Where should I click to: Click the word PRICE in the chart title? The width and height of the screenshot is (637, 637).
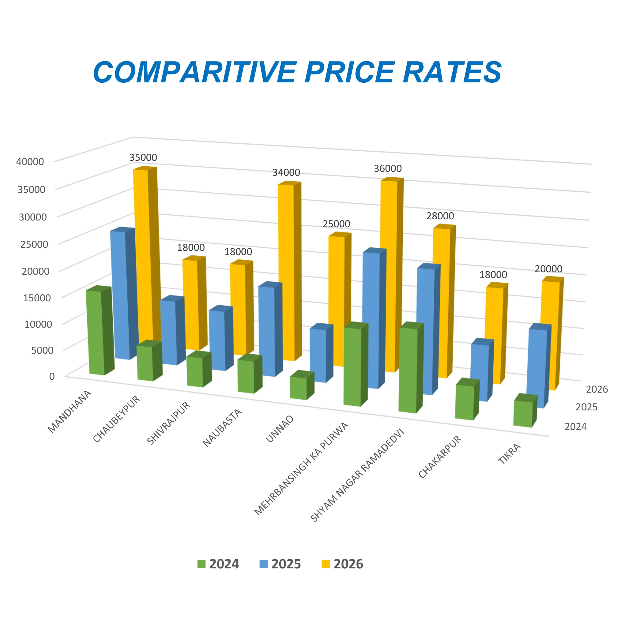click(349, 72)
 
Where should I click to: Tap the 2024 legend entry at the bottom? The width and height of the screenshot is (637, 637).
click(218, 564)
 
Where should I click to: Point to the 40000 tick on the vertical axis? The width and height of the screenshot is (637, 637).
click(30, 162)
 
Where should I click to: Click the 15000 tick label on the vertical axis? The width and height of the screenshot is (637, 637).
click(37, 298)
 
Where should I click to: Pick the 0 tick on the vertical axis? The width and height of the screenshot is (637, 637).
click(52, 376)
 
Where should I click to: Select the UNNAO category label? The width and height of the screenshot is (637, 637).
click(280, 429)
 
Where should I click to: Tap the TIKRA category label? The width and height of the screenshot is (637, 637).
click(509, 454)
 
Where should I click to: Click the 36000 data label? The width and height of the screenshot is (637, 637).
click(388, 168)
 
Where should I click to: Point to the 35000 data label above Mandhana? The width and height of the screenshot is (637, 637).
click(143, 157)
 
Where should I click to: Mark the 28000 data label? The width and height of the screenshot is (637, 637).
click(440, 216)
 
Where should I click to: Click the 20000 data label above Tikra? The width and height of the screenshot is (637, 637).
click(548, 269)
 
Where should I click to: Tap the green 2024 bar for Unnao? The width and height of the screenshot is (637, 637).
click(298, 388)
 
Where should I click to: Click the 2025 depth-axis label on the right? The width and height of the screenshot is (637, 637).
click(586, 407)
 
